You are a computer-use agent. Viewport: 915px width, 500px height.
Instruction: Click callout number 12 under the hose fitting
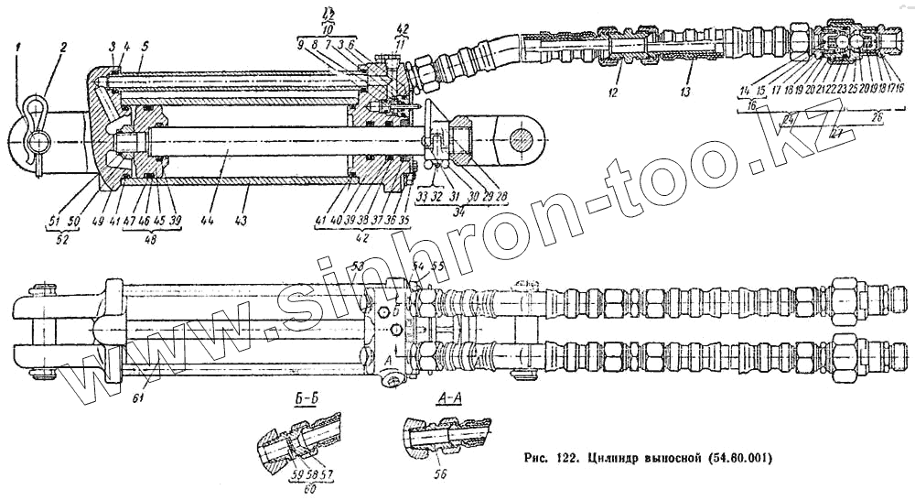pos(614,92)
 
